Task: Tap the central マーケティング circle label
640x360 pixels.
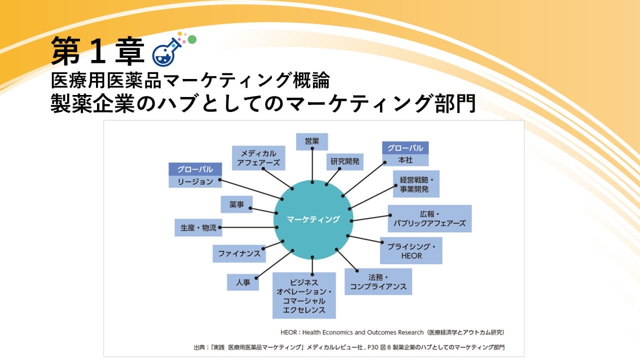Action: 313,219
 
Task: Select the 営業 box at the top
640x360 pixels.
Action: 312,141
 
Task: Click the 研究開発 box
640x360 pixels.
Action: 345,161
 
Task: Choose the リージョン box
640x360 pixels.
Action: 195,181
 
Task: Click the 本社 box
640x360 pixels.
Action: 405,160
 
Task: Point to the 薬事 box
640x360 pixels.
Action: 236,204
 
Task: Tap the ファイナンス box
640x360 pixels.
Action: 239,253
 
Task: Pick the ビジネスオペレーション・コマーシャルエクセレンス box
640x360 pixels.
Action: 304,295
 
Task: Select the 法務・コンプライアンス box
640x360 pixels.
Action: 378,281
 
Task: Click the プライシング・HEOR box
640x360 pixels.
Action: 411,250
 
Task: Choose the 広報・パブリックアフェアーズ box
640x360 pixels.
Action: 429,218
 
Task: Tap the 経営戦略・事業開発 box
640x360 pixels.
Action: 416,183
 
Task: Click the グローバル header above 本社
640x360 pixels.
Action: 405,148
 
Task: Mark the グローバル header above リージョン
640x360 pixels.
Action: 195,169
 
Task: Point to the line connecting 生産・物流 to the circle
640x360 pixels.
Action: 248,227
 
